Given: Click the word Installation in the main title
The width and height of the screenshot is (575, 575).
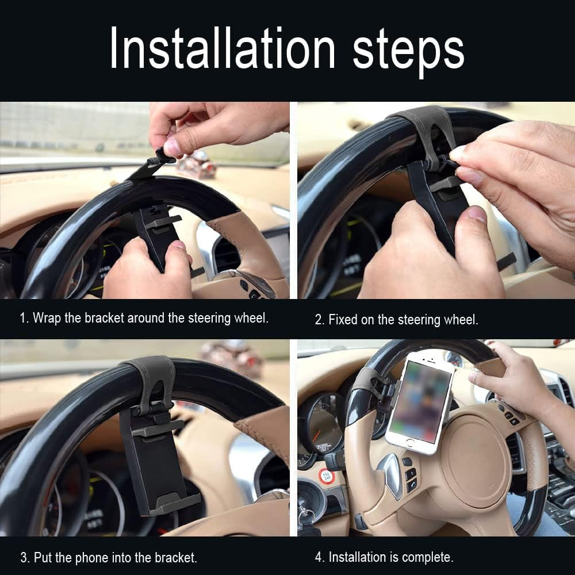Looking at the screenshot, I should tap(222, 48).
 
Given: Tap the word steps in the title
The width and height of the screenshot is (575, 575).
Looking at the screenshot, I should tap(408, 51).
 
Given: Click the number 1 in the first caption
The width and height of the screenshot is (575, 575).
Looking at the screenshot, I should tap(23, 318).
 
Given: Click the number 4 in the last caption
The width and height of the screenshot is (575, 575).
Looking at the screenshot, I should tap(318, 557).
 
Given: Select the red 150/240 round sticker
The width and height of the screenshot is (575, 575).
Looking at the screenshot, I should tap(327, 476).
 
